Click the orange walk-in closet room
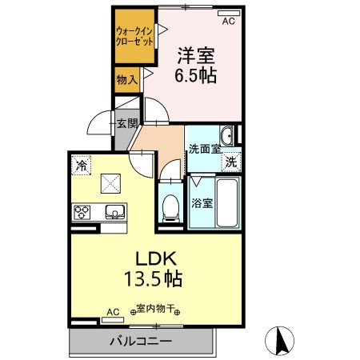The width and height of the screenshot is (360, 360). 133,36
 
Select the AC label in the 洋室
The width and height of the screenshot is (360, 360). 228,21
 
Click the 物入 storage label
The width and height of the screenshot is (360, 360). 126,79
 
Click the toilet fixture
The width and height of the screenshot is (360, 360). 169,208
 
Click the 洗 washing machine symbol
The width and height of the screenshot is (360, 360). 230,161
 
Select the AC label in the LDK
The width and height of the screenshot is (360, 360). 113,311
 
